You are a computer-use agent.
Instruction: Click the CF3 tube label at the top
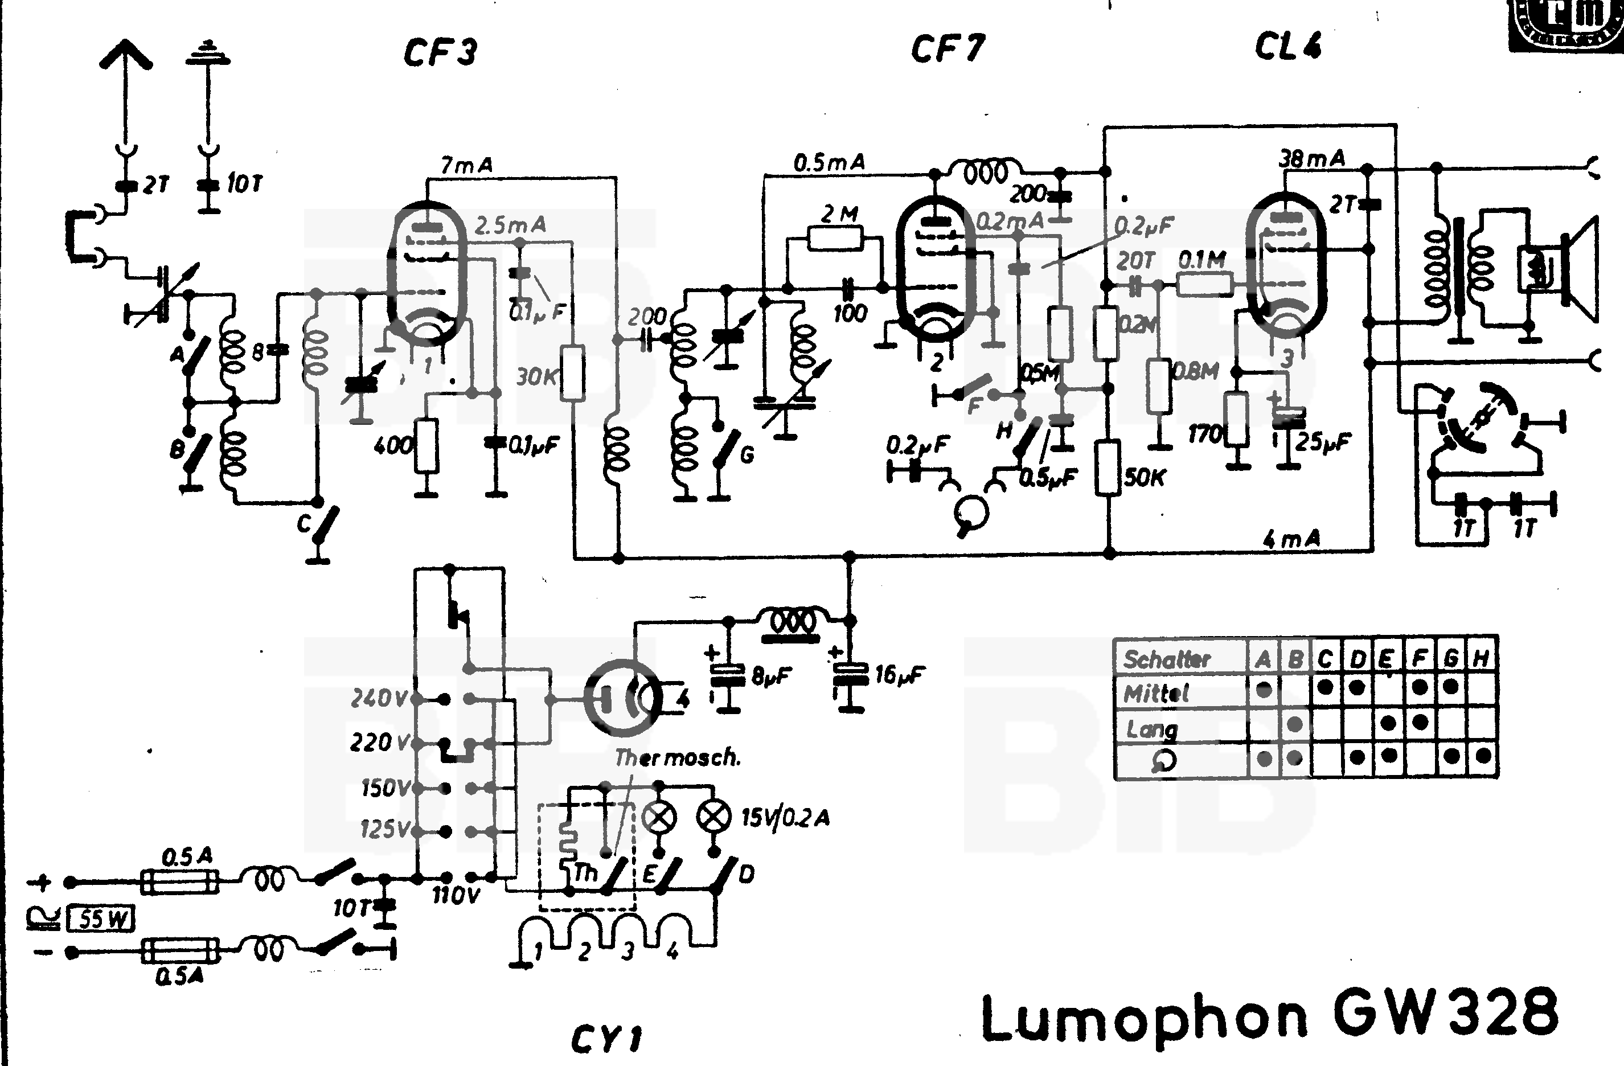(x=440, y=52)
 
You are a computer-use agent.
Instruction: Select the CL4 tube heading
(x=1287, y=46)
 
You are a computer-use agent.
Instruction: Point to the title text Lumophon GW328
(x=1269, y=1016)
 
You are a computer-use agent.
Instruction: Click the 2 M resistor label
(x=839, y=214)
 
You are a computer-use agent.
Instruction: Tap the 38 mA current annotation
(x=1311, y=158)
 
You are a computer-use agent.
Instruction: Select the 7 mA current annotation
(x=467, y=165)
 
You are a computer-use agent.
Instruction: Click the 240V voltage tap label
(x=379, y=698)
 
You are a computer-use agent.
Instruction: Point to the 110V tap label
(x=456, y=895)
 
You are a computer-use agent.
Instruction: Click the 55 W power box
(x=102, y=919)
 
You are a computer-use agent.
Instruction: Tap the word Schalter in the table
(x=1167, y=659)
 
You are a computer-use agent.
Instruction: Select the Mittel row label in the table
(x=1156, y=694)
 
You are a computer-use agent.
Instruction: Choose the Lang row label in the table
(x=1152, y=729)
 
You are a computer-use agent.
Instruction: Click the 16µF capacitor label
(x=899, y=675)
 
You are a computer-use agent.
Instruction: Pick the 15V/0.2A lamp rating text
(x=785, y=817)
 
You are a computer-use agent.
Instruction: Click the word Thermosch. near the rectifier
(x=677, y=757)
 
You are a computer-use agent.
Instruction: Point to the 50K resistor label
(x=1145, y=478)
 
